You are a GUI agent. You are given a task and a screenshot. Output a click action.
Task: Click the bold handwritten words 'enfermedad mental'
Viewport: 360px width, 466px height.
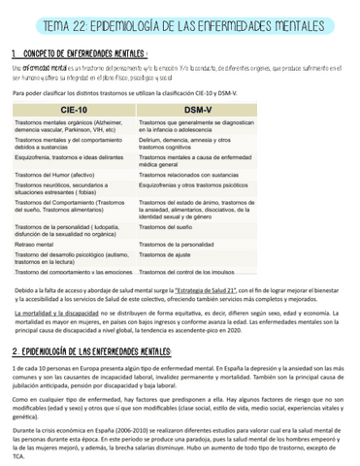coord(42,69)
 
